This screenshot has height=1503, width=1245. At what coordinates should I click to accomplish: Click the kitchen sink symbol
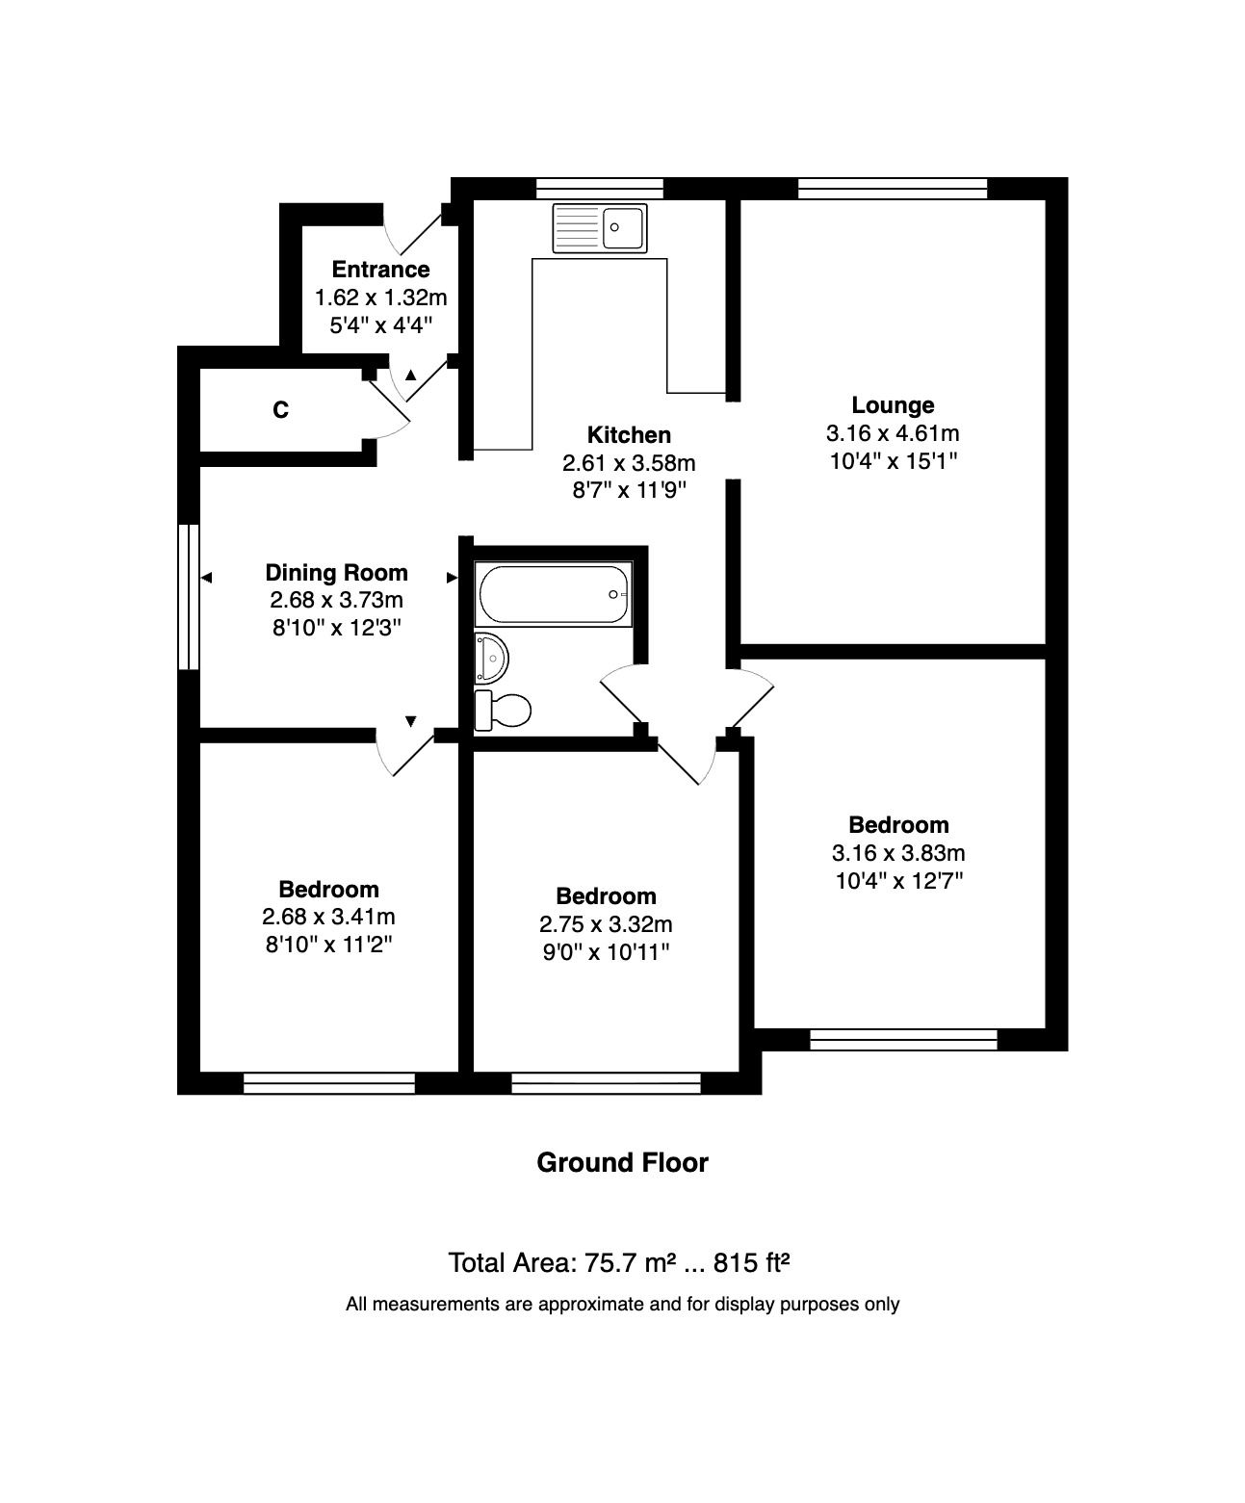[x=599, y=228]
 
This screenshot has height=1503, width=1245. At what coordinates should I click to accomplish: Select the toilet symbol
[x=503, y=711]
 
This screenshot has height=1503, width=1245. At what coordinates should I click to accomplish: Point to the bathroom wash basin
[x=491, y=659]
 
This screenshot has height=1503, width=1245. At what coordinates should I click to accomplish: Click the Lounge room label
[x=893, y=405]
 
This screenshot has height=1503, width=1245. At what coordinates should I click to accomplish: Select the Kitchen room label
[x=629, y=434]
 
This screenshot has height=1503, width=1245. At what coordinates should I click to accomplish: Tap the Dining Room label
[x=336, y=573]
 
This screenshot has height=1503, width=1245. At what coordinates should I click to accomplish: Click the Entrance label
[x=380, y=270]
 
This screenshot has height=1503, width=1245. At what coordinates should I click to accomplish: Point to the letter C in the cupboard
[x=280, y=410]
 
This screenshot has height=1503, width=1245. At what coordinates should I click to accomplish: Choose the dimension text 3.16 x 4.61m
[x=893, y=433]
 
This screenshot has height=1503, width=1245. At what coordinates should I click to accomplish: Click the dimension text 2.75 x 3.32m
[x=606, y=924]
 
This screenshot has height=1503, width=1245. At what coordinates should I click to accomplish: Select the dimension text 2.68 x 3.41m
[x=328, y=917]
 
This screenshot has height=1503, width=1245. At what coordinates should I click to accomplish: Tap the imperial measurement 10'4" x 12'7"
[x=897, y=880]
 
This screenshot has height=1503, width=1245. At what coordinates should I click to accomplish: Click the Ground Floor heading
[x=622, y=1162]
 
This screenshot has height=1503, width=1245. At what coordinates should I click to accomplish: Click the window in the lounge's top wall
[x=893, y=189]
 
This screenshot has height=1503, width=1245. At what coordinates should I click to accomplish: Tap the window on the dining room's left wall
[x=189, y=596]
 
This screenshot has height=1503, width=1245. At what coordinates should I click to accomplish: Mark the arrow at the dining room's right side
[x=452, y=578]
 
